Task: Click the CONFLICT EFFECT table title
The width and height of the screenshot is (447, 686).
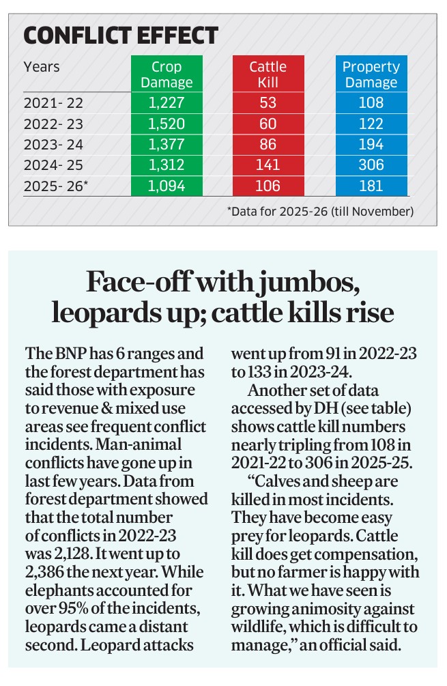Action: pos(121,35)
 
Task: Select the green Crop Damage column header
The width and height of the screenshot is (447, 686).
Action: pos(167,74)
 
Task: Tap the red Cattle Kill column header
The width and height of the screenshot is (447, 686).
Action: pos(268,74)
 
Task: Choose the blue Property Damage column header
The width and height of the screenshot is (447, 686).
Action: pos(371,74)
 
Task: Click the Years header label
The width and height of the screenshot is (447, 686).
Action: pos(42,67)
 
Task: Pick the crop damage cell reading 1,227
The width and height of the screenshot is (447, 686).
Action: pos(167,103)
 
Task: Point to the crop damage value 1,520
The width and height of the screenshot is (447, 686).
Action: pos(167,124)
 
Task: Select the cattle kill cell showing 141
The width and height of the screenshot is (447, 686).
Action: pos(268,165)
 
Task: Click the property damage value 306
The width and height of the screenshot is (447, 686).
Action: pos(371,165)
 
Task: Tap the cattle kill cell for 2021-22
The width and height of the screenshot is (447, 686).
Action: pos(268,103)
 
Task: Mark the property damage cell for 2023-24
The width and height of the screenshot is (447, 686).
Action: pos(371,145)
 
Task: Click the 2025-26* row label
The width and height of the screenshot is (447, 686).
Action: pos(56,186)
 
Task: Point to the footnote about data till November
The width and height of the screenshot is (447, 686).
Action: pos(320,212)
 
